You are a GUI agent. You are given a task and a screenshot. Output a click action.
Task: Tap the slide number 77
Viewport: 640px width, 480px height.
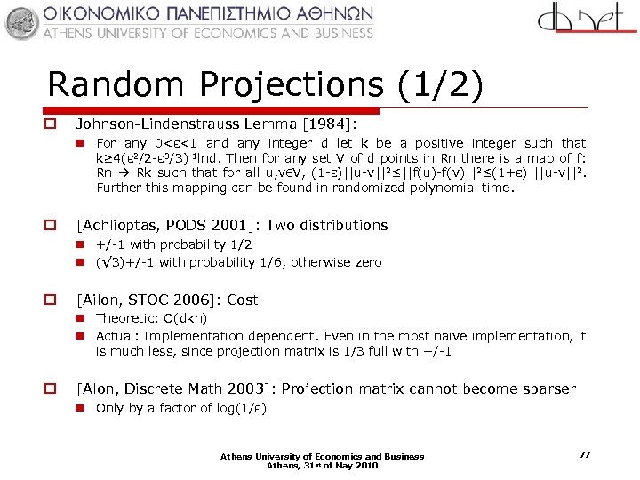[584, 454]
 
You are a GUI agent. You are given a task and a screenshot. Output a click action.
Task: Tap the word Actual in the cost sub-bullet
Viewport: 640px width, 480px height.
[116, 336]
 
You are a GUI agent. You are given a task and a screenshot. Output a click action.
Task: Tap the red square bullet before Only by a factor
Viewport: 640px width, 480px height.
[80, 408]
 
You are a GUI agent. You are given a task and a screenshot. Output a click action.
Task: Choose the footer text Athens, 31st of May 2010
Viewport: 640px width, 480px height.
[322, 465]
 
